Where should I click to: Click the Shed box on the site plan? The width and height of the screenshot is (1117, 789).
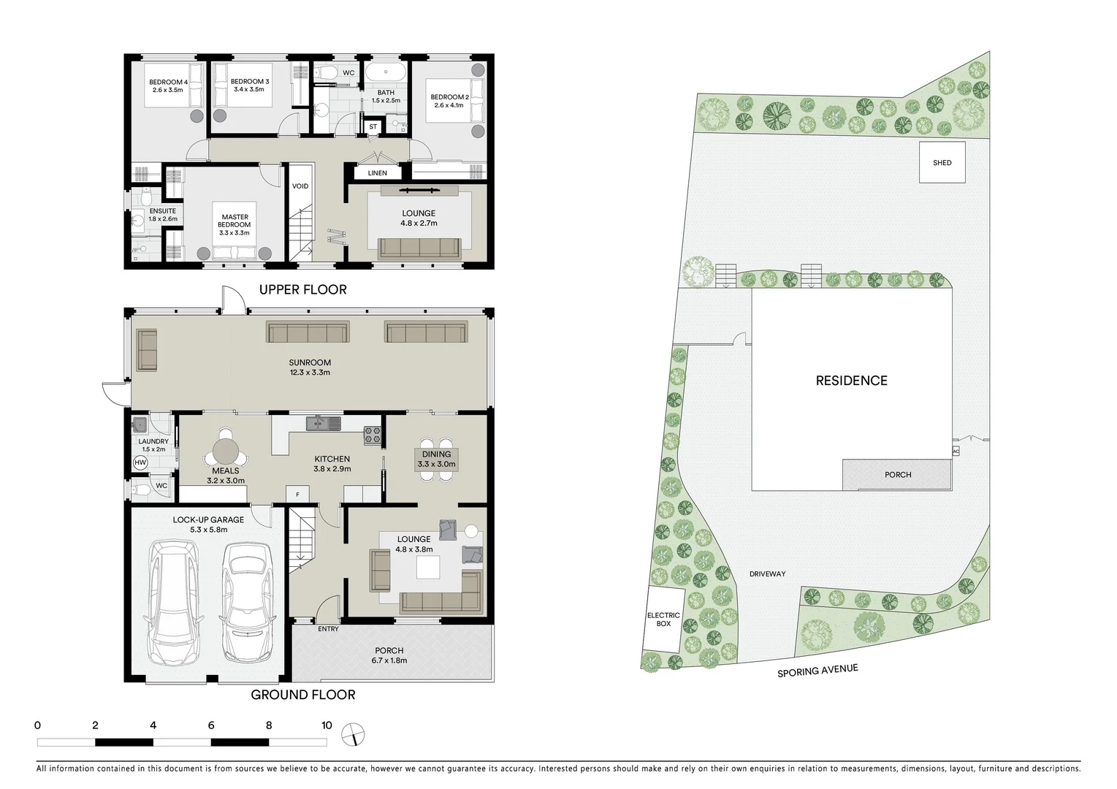(942, 162)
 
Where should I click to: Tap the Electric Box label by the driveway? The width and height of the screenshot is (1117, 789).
(663, 620)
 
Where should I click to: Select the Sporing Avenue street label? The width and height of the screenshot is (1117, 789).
(817, 670)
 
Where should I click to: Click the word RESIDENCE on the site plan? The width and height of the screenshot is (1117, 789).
(851, 381)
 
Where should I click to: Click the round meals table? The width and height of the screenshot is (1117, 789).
(226, 448)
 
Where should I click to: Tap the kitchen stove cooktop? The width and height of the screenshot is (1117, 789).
(373, 435)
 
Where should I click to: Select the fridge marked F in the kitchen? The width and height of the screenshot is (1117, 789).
(297, 495)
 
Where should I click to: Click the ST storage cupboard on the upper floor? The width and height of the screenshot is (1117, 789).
(373, 126)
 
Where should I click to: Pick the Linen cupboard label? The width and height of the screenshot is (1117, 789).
(378, 173)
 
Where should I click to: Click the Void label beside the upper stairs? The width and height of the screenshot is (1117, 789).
(300, 186)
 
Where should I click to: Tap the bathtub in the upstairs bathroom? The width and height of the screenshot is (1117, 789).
(385, 73)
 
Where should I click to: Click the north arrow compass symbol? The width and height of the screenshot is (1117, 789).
(353, 734)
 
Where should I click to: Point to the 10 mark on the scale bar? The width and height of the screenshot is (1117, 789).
(327, 725)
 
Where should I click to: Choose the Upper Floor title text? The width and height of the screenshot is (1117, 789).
(302, 290)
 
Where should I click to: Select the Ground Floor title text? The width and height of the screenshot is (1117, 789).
(302, 695)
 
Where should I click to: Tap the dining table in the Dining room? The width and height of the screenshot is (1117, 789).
(436, 459)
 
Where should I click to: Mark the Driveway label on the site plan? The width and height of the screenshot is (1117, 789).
(767, 574)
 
